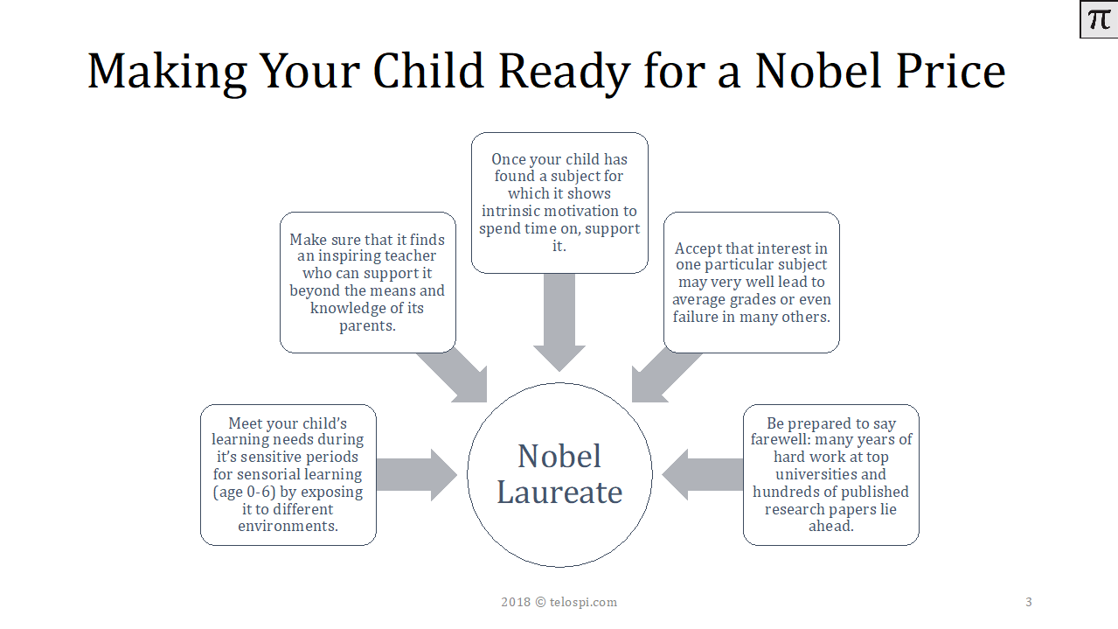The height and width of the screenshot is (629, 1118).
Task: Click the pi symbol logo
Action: pos(1099,19)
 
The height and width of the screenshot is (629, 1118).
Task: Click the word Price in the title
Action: pos(950,71)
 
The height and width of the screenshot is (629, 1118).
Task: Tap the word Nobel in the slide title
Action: pos(818,71)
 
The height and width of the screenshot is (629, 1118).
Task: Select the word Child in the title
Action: pos(428,71)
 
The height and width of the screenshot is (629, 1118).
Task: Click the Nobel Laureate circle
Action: pos(559,475)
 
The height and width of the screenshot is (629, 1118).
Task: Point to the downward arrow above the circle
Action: pos(559,322)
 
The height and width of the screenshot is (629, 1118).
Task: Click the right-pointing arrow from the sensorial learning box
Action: pos(417,475)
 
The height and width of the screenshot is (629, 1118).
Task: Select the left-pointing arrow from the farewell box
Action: pos(702,475)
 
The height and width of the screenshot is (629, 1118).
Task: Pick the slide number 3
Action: pos(1029,602)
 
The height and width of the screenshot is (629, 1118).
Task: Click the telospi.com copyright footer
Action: pos(559,602)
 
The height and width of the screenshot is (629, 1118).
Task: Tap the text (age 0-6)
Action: pos(244,493)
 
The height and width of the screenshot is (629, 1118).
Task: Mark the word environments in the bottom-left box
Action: pos(288,526)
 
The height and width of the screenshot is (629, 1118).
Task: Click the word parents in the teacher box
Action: pos(367,325)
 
